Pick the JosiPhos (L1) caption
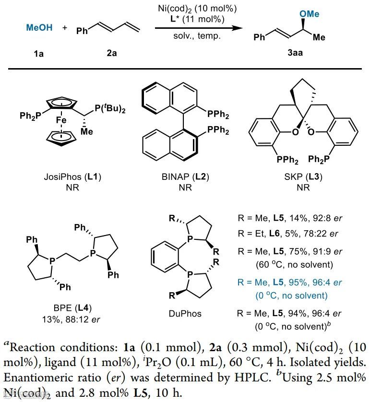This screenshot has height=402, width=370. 72,177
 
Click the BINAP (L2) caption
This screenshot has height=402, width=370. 185,177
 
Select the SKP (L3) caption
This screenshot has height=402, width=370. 303,177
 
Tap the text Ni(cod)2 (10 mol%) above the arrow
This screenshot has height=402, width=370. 191,9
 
